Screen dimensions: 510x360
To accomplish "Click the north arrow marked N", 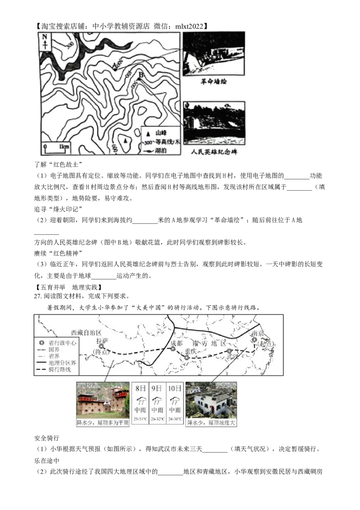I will pos(45,40).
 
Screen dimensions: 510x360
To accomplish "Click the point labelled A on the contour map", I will pos(115,69).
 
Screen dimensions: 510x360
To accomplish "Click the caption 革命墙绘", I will pos(214,82).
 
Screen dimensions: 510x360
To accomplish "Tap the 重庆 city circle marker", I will pos(187,358).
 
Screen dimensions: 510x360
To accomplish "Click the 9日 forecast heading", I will pos(157,388).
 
